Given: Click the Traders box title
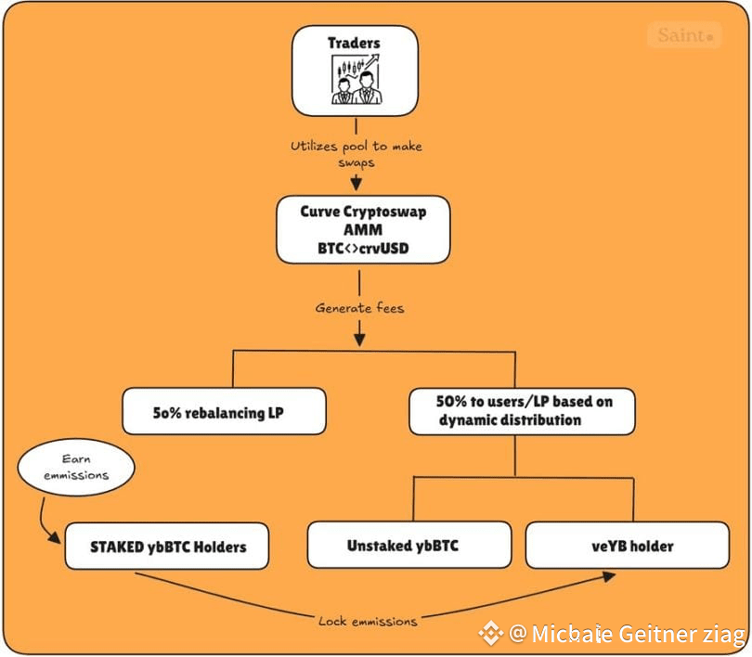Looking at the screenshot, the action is pyautogui.click(x=354, y=43).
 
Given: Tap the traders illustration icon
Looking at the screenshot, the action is pyautogui.click(x=357, y=79).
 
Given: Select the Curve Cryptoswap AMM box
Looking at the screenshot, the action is pyautogui.click(x=363, y=229).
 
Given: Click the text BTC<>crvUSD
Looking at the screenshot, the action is pyautogui.click(x=363, y=249).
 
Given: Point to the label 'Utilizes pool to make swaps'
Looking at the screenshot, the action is pyautogui.click(x=357, y=154).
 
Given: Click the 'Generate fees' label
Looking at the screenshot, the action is pyautogui.click(x=359, y=308).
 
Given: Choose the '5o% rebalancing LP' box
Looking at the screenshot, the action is pyautogui.click(x=224, y=412).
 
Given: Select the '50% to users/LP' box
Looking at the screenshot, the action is pyautogui.click(x=523, y=412).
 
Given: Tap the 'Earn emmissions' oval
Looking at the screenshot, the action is pyautogui.click(x=76, y=468).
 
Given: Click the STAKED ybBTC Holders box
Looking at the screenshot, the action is pyautogui.click(x=167, y=547).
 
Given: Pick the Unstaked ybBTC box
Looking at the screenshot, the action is pyautogui.click(x=409, y=546).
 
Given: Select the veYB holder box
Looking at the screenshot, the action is pyautogui.click(x=628, y=546).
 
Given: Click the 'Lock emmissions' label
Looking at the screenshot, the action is pyautogui.click(x=368, y=622).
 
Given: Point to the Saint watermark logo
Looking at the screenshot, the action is pyautogui.click(x=685, y=34).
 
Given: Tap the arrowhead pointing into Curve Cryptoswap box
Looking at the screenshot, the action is pyautogui.click(x=356, y=183).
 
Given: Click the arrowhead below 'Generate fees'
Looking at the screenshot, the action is pyautogui.click(x=359, y=340).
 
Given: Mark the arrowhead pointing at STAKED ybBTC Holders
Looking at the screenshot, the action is pyautogui.click(x=55, y=537).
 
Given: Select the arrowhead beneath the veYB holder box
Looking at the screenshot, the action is pyautogui.click(x=609, y=576).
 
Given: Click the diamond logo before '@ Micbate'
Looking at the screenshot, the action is pyautogui.click(x=491, y=634).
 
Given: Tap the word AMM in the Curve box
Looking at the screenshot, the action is pyautogui.click(x=363, y=230).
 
